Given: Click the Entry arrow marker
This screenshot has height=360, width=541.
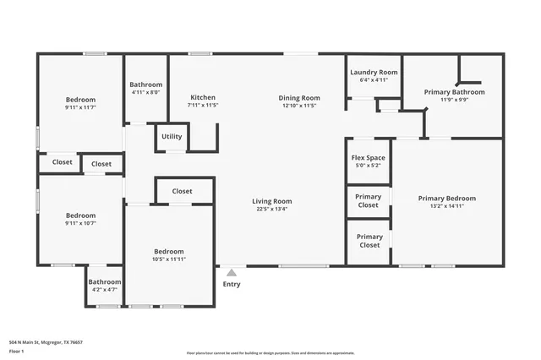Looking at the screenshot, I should [x=231, y=273].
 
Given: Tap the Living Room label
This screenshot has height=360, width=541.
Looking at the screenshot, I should [x=271, y=201].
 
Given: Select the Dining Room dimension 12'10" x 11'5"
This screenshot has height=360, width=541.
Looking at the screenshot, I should [x=299, y=106].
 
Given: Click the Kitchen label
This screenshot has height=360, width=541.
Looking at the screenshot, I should [x=203, y=98].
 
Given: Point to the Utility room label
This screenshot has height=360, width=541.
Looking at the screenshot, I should [x=172, y=136].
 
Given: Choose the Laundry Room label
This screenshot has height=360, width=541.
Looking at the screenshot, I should [x=374, y=73].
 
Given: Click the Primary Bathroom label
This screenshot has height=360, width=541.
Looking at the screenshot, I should [x=454, y=92].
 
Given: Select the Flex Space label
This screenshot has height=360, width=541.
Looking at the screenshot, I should [x=368, y=158].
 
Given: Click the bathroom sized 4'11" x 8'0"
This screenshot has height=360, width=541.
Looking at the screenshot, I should [x=145, y=88].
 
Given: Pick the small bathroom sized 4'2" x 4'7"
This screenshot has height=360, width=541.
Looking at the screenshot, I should [x=106, y=286].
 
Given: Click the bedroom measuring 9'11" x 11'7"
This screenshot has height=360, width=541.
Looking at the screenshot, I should [x=80, y=103].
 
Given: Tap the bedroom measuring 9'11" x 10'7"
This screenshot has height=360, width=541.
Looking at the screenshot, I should [x=80, y=219].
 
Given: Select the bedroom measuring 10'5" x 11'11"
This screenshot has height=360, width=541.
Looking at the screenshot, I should [x=168, y=255].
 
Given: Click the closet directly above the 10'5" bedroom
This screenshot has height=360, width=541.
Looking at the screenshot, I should [x=183, y=191].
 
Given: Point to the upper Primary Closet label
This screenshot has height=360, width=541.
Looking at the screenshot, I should [x=369, y=201].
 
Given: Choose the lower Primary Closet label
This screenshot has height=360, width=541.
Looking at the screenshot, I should [x=369, y=241].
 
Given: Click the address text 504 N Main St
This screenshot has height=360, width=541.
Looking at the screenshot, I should [x=46, y=342].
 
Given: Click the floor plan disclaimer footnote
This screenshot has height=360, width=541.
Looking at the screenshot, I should [x=270, y=353].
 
